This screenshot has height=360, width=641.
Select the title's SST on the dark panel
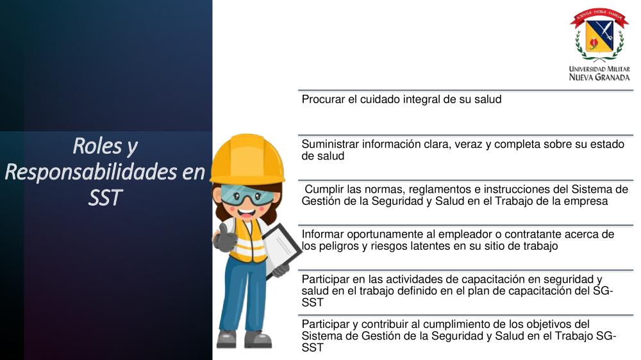point(105,198)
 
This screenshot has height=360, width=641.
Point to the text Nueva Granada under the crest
point(599,78)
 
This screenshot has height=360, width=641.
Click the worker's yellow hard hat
point(247,160)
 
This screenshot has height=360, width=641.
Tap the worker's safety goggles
point(247,195)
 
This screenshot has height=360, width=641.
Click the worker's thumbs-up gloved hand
point(224,238)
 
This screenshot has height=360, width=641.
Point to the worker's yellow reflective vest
point(247,240)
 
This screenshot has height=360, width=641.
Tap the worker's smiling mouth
point(247,213)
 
